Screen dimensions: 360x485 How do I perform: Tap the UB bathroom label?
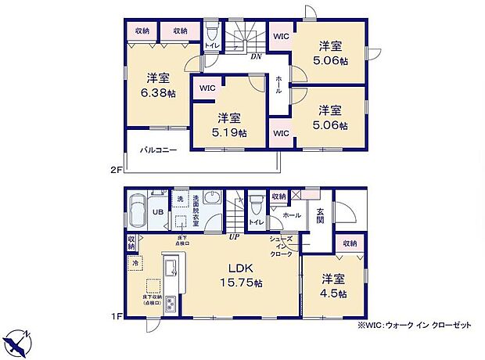tap(156, 212)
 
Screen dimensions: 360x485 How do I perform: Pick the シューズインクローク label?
tap(281, 246)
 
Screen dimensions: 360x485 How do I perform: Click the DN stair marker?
tap(255, 56)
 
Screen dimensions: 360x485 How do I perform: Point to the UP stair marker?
tap(234, 236)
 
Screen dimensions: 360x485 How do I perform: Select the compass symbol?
tap(21, 343)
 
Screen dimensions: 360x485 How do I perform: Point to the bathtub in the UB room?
tap(135, 211)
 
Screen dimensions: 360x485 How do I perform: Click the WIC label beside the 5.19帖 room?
tap(207, 88)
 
